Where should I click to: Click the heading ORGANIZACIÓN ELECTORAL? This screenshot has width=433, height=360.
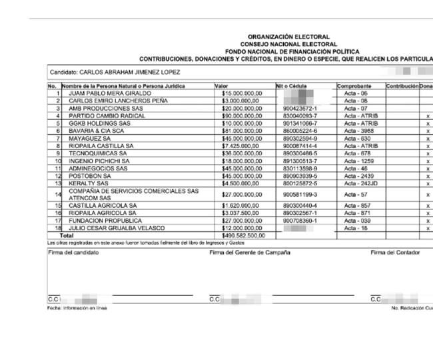pyautogui.click(x=288, y=37)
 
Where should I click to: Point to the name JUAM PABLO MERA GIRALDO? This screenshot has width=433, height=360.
pyautogui.click(x=110, y=94)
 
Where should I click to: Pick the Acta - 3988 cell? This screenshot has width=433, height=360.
pyautogui.click(x=356, y=131)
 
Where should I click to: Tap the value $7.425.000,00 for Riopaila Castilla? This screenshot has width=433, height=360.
pyautogui.click(x=240, y=145)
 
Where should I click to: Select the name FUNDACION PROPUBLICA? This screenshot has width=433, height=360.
pyautogui.click(x=105, y=220)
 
